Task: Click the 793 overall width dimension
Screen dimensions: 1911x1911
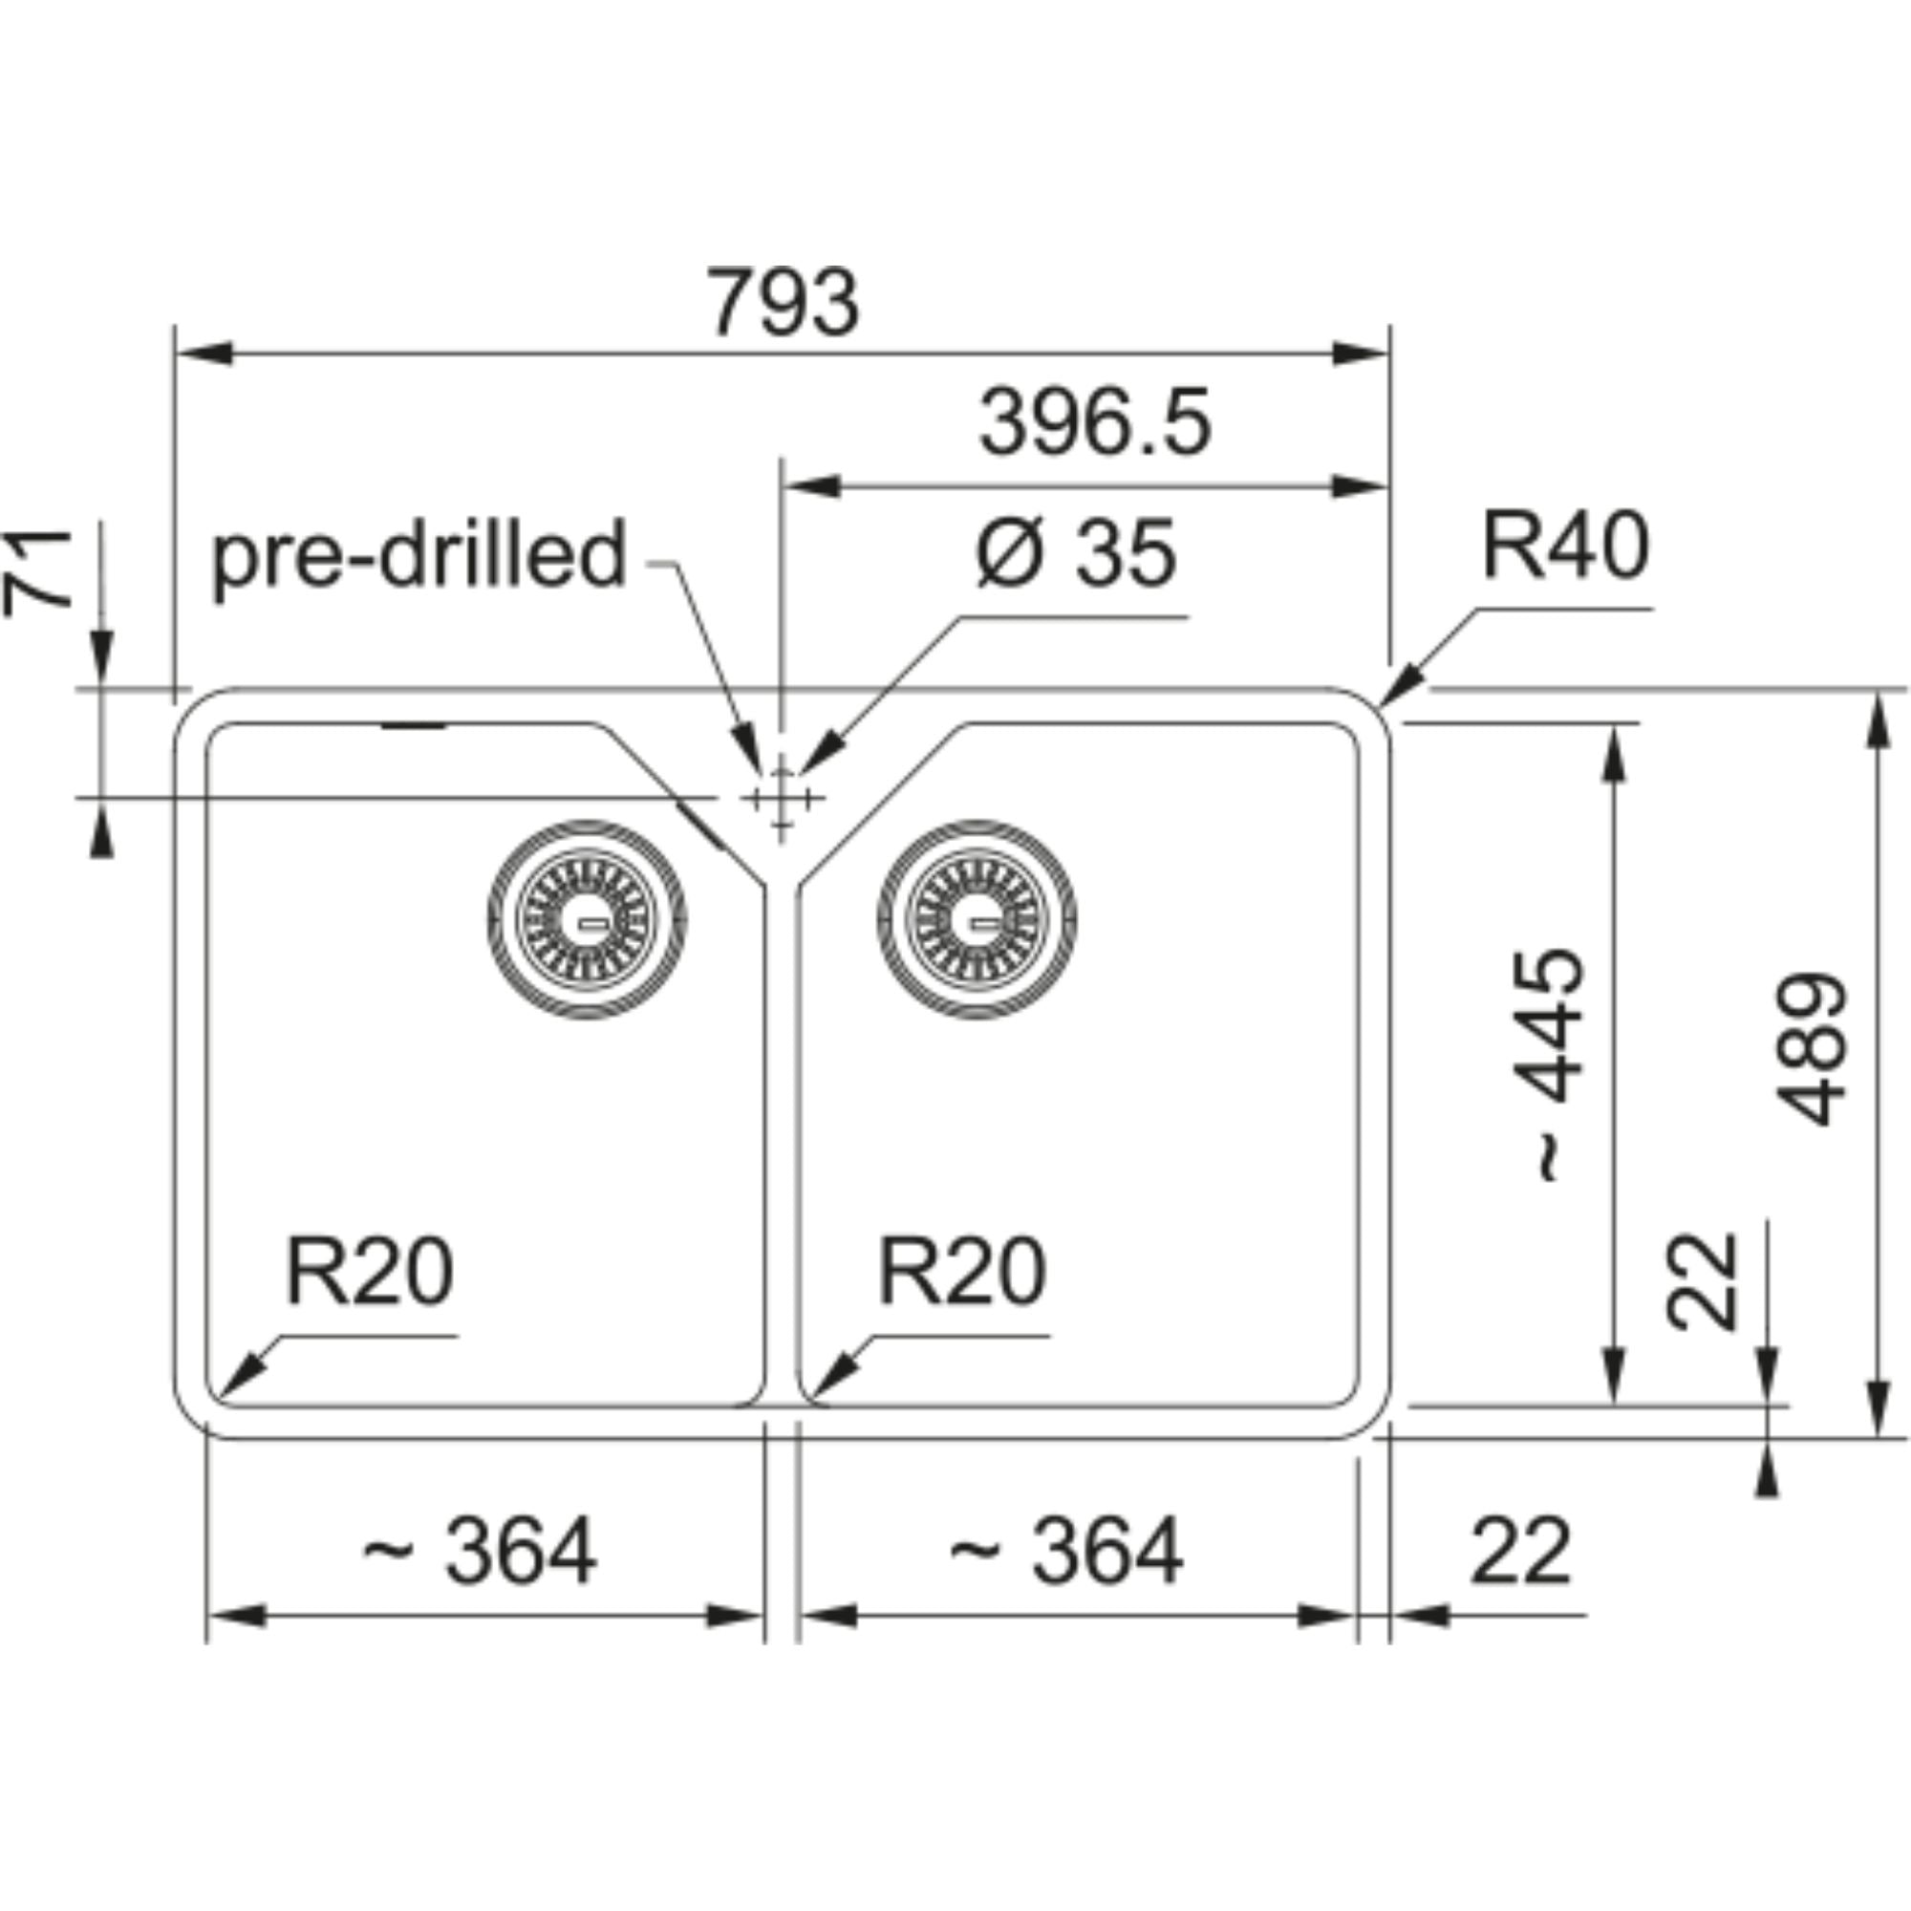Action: pos(783,303)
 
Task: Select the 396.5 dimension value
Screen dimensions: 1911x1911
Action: pos(1094,423)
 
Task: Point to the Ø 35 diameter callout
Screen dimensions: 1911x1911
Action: pos(1076,553)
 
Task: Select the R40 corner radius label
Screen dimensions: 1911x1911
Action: pos(1565,546)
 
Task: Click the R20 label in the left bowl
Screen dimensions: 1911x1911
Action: pos(369,1272)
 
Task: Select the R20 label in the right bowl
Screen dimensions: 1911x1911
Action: pos(960,1272)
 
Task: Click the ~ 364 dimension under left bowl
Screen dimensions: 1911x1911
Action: pos(479,1551)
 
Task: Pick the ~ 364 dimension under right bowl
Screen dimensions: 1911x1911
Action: pos(1066,1551)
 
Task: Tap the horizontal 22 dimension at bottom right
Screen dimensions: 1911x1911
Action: pos(1520,1551)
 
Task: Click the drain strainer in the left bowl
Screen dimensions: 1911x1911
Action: pos(588,920)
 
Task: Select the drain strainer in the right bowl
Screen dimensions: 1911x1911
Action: pos(977,920)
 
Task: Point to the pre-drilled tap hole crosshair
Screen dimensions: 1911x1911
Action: pos(782,797)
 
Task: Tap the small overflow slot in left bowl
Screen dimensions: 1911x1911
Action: pos(414,726)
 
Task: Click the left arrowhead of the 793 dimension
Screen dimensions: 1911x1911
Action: pos(204,354)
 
